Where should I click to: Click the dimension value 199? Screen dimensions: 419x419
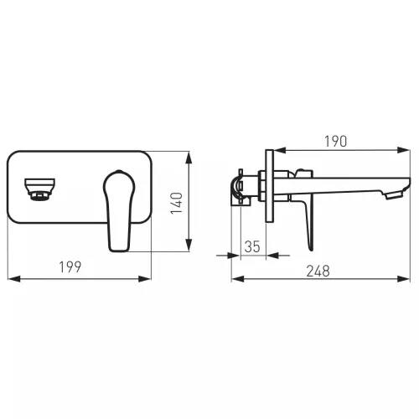(x=70, y=266)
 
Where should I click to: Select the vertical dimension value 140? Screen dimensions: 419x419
(x=177, y=203)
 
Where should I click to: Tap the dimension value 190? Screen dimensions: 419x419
(x=336, y=142)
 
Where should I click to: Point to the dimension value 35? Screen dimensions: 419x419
(x=252, y=246)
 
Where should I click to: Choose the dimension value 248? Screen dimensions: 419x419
(x=318, y=272)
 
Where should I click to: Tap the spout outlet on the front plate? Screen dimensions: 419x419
(x=39, y=189)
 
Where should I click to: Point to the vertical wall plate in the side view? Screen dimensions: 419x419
(x=269, y=186)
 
